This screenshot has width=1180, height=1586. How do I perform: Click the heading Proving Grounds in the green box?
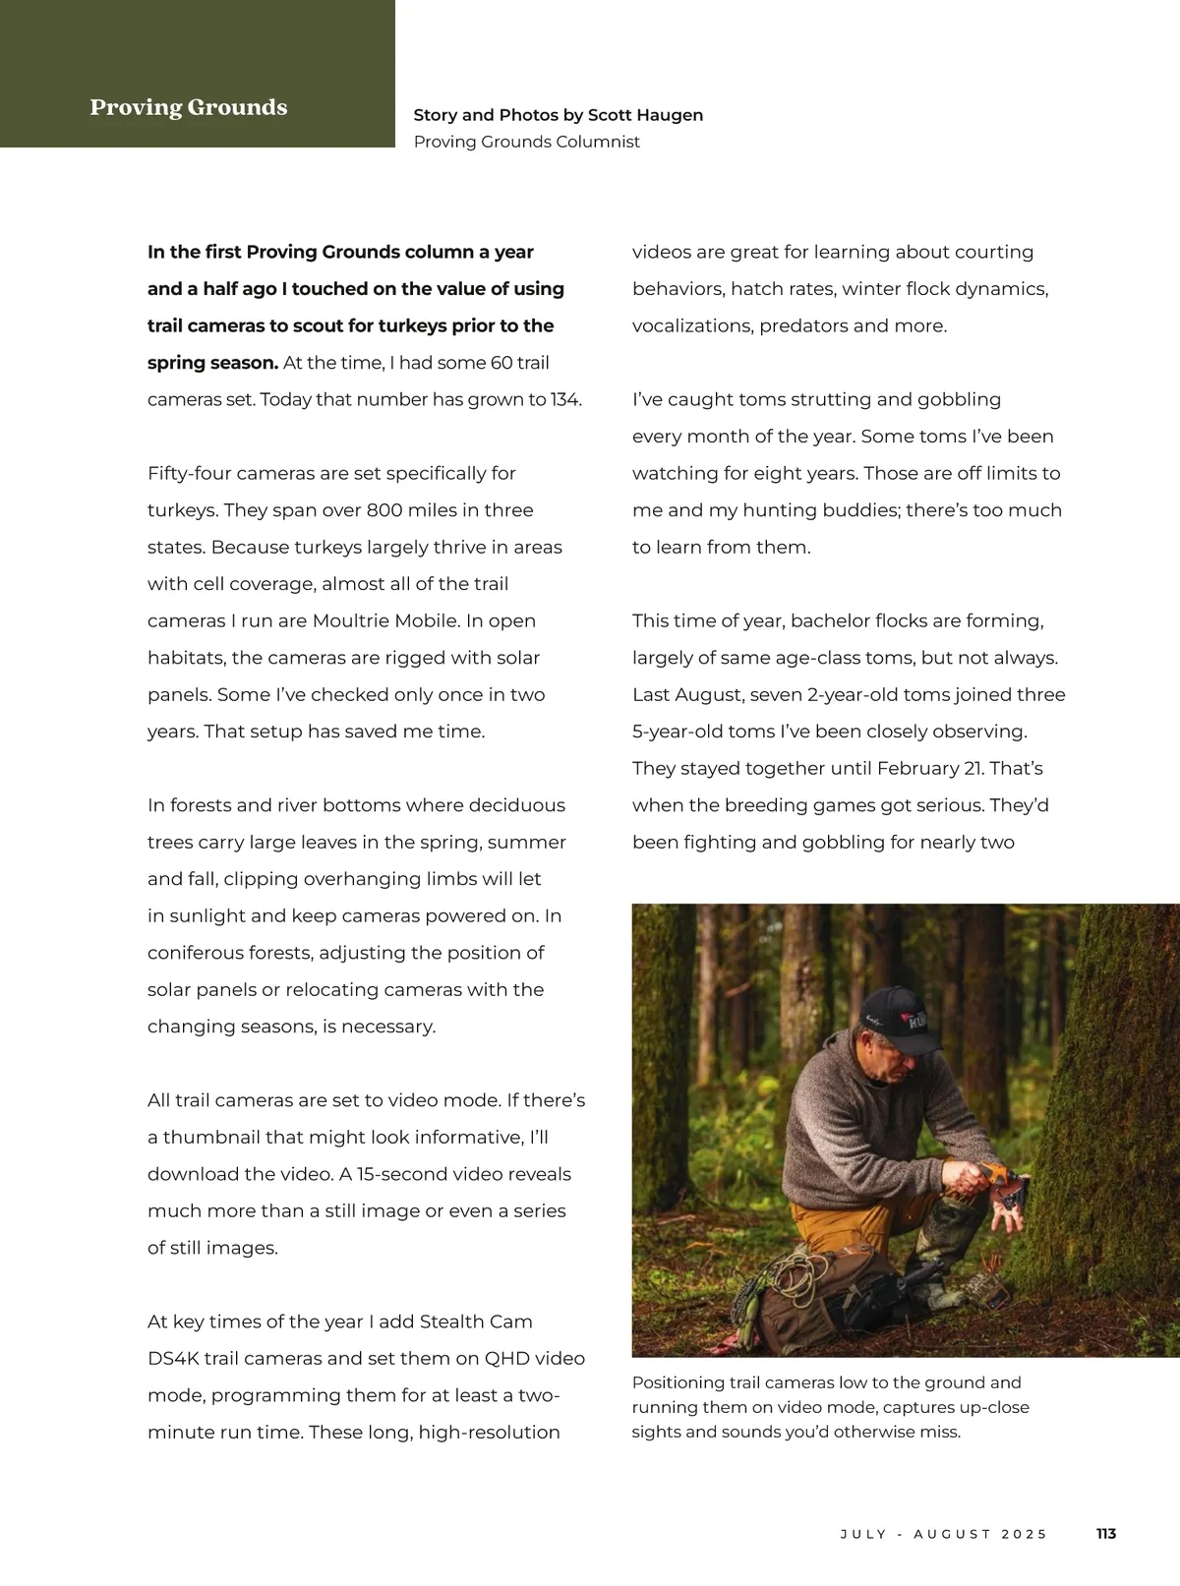188,107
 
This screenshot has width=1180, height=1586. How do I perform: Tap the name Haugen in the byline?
671,115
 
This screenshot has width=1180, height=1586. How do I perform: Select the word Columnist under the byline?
598,142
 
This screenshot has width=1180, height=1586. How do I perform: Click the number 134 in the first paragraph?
565,400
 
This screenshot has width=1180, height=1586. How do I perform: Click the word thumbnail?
209,1138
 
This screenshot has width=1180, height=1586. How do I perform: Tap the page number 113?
1106,1534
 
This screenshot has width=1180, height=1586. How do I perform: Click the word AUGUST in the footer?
952,1534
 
